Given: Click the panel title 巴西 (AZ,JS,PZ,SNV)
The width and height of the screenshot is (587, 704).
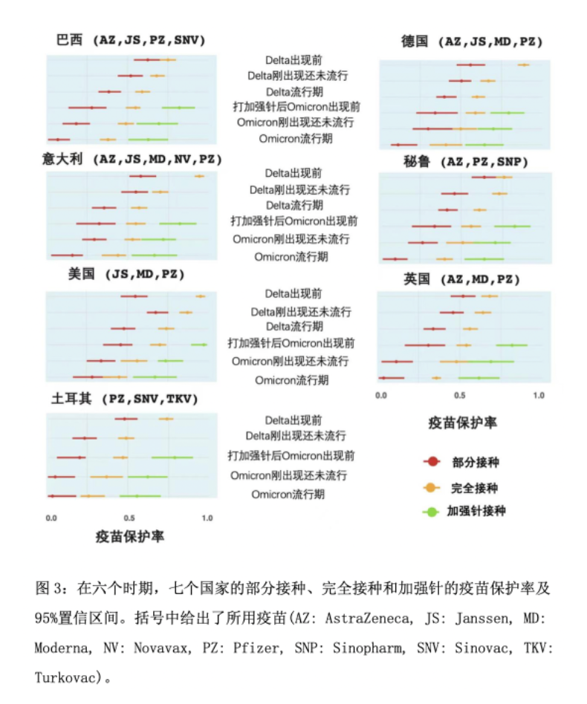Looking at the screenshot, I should [131, 40].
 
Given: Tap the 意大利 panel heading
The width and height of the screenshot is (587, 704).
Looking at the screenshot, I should [132, 160].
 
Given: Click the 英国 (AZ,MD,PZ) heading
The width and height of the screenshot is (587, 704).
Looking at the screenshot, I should [462, 279].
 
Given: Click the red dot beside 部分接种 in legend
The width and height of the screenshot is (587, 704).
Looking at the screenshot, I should [431, 462].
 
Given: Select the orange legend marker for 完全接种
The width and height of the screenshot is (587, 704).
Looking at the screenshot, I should [431, 487].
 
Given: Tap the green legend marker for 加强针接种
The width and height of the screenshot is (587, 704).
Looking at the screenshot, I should [431, 512].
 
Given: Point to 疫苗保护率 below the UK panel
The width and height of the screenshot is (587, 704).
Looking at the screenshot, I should [463, 423].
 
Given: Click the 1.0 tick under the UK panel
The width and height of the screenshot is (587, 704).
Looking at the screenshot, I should [537, 395].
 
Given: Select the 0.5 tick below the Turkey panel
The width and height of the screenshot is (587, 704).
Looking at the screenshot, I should [129, 518].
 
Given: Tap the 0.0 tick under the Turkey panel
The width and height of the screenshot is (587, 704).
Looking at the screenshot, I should [51, 518].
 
